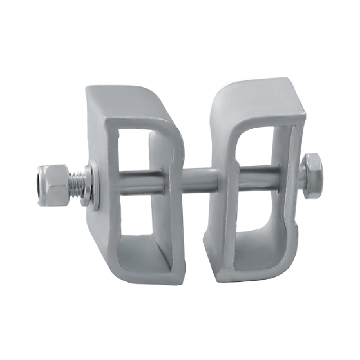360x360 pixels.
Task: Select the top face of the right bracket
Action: click(x=256, y=97)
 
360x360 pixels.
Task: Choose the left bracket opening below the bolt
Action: click(x=135, y=216)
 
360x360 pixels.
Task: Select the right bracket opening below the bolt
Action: click(x=259, y=211)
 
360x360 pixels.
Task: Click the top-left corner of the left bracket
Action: click(x=88, y=88)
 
